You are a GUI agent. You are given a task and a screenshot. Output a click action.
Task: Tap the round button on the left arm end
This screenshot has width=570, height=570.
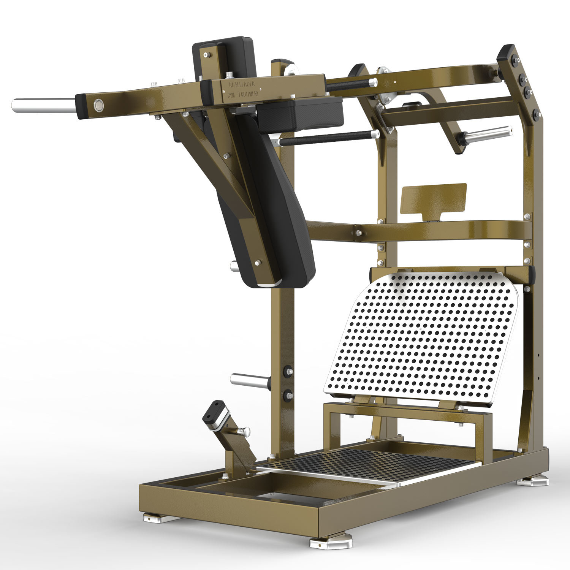(x=98, y=104)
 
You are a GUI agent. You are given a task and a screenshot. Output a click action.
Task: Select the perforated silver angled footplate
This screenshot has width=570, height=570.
(x=422, y=336)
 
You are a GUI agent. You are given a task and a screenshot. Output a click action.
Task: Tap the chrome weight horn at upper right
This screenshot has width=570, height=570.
(x=488, y=135)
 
